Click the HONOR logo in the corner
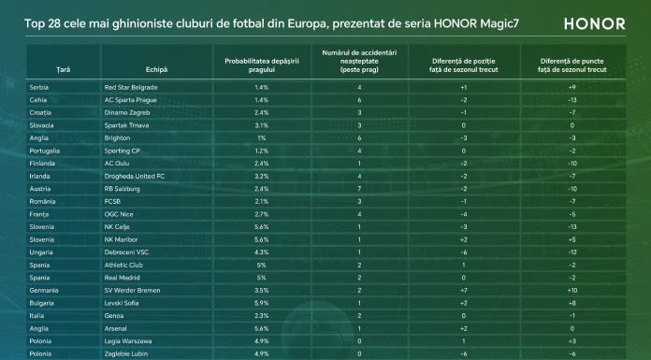pos(595,23)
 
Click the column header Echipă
pos(156,70)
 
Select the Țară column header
pos(63,70)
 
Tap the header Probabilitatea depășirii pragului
pos(262,65)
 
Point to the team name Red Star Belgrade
pos(131,87)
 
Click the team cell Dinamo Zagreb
pos(127,112)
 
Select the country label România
pos(42,201)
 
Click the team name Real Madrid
pos(122,278)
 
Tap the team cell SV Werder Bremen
pos(132,290)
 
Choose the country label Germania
pos(44,290)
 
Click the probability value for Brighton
pos(262,137)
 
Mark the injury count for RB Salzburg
pos(359,189)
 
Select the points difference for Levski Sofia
pos(571,303)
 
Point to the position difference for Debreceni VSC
pos(463,252)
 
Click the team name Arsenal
pos(115,328)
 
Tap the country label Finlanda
pos(42,164)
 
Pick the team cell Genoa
pos(114,315)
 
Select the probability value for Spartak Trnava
pos(262,125)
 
